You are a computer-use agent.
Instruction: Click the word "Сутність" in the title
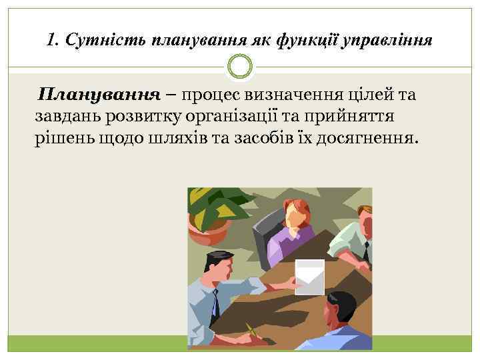111,41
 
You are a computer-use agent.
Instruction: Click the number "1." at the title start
56,41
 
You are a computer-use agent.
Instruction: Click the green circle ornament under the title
240,66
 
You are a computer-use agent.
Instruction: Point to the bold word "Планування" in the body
99,95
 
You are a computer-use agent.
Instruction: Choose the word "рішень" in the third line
61,139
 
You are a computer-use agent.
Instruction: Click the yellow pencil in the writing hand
249,330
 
